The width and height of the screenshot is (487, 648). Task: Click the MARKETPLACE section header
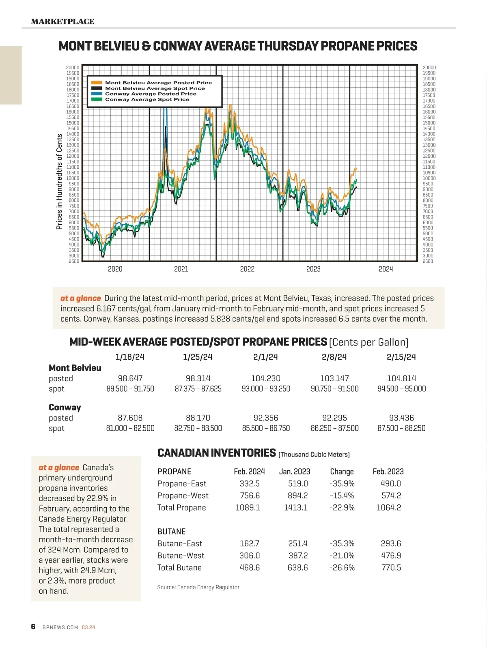(62, 21)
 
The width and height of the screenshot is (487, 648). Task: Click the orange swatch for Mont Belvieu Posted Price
(97, 83)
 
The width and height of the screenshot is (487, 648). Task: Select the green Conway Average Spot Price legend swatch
(97, 99)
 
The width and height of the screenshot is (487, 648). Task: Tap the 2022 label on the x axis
(247, 269)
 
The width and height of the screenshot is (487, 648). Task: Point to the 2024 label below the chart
(386, 269)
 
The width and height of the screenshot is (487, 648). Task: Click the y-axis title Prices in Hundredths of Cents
(59, 182)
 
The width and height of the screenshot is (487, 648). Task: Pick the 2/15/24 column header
(401, 357)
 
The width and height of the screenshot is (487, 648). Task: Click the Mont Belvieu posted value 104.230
(265, 378)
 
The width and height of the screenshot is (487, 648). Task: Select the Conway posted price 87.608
(130, 418)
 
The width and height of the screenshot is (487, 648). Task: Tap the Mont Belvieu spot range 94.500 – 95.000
(401, 388)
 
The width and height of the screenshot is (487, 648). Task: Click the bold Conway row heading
(65, 407)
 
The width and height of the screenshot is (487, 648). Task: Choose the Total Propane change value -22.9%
(342, 508)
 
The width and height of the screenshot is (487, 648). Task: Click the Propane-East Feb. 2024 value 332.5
(250, 483)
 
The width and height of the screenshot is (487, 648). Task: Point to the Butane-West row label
(181, 556)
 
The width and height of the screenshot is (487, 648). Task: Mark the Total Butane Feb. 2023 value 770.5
(391, 568)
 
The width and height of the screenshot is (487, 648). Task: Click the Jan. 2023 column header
(295, 471)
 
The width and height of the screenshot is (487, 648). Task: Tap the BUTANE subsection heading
(171, 531)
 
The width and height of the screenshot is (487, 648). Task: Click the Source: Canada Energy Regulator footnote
(198, 587)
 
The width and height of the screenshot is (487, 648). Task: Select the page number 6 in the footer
(33, 627)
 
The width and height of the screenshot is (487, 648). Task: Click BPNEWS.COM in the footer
(60, 627)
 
